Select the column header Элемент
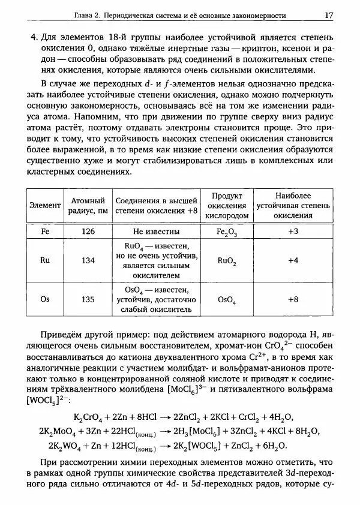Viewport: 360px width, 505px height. point(45,205)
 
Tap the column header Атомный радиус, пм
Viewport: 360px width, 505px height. point(88,205)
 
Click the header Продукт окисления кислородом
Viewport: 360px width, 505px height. point(227,205)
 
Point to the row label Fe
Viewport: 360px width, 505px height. point(45,231)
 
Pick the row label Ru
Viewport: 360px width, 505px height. point(45,260)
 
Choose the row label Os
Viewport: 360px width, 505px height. point(45,299)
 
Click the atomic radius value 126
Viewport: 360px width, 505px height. point(88,231)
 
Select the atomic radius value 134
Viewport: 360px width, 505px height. point(88,260)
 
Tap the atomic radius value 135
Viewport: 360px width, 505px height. point(88,299)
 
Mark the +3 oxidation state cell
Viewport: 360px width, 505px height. point(293,231)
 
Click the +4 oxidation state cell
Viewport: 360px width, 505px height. point(293,260)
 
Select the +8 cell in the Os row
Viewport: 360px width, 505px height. point(293,299)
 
